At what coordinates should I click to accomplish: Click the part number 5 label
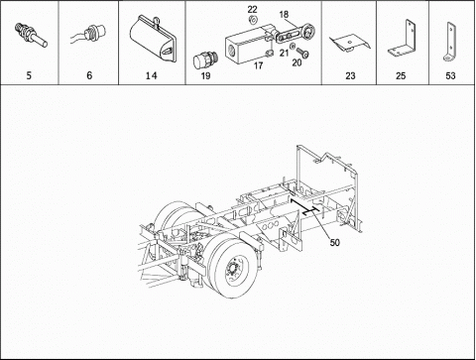click(29, 75)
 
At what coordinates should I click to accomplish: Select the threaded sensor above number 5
click(32, 35)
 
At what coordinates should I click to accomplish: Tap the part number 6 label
click(89, 75)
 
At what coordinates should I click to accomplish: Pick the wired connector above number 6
click(89, 35)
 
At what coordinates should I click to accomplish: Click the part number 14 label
click(151, 75)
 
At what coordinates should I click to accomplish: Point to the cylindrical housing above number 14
click(153, 39)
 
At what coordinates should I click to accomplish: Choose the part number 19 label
click(205, 76)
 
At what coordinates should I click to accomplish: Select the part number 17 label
click(258, 65)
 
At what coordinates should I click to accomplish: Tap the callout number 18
click(284, 15)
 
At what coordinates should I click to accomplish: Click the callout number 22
click(252, 9)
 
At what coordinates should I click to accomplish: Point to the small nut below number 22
click(253, 20)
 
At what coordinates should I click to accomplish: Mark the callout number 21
click(284, 53)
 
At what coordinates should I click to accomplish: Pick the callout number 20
click(297, 62)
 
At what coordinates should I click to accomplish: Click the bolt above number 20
click(302, 53)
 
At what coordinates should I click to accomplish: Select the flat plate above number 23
click(349, 43)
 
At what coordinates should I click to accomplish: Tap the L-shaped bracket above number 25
click(403, 40)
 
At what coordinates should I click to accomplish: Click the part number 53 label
click(450, 76)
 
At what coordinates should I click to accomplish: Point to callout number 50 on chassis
click(334, 243)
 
